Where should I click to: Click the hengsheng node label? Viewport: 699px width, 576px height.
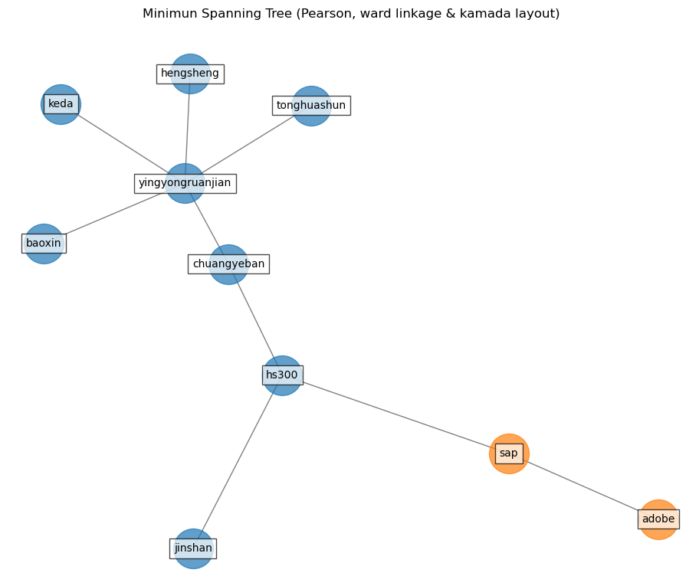[190, 74]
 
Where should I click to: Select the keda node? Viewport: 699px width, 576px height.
[61, 104]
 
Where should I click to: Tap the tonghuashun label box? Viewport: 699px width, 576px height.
[311, 106]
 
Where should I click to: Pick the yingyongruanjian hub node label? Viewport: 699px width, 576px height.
[185, 183]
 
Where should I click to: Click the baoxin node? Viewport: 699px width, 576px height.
[44, 244]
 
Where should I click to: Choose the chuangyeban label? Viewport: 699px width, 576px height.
[228, 264]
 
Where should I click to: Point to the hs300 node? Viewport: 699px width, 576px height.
[282, 375]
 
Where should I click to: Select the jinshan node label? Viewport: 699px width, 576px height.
[193, 548]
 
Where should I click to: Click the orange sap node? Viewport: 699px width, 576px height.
[509, 453]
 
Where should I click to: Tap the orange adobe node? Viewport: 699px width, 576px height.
[658, 519]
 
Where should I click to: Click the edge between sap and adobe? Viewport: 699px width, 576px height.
[582, 486]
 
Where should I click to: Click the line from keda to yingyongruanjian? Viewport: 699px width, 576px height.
[123, 144]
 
